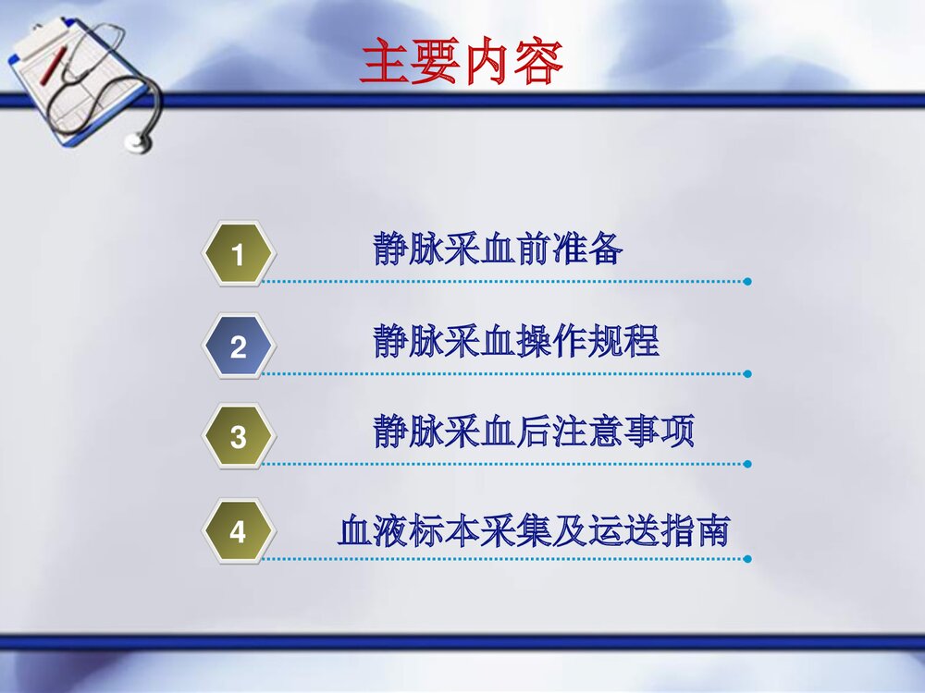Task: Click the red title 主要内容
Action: (x=460, y=63)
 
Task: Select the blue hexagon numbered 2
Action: (x=238, y=347)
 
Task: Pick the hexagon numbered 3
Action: (x=238, y=436)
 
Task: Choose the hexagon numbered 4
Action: (x=238, y=532)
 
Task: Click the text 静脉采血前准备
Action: (x=498, y=249)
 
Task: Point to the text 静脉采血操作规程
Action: (x=516, y=341)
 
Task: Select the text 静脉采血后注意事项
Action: (x=534, y=432)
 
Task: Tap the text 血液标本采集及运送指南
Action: (x=534, y=531)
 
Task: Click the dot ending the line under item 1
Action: (x=747, y=281)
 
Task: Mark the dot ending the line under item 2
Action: (x=747, y=374)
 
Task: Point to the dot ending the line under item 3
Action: (x=747, y=464)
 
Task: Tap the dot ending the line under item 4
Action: (x=747, y=558)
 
